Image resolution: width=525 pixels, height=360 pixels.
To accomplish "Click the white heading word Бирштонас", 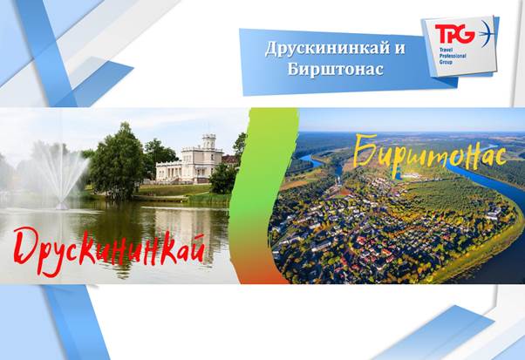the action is coord(335,70).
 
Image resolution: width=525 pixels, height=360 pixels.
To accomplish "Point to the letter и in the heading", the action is coord(399,49).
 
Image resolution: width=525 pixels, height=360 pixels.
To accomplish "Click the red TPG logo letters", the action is coord(454,34).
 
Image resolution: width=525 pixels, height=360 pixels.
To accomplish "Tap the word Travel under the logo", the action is coord(444,49).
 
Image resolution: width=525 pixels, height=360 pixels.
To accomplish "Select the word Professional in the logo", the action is coord(453,56).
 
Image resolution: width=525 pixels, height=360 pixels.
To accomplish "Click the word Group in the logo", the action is coord(446,62).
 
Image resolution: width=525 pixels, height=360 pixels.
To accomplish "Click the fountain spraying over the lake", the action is coord(62,174).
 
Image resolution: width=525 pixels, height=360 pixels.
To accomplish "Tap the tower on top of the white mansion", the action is coord(208,141).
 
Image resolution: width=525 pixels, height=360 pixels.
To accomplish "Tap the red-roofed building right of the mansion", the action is coord(230,160).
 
